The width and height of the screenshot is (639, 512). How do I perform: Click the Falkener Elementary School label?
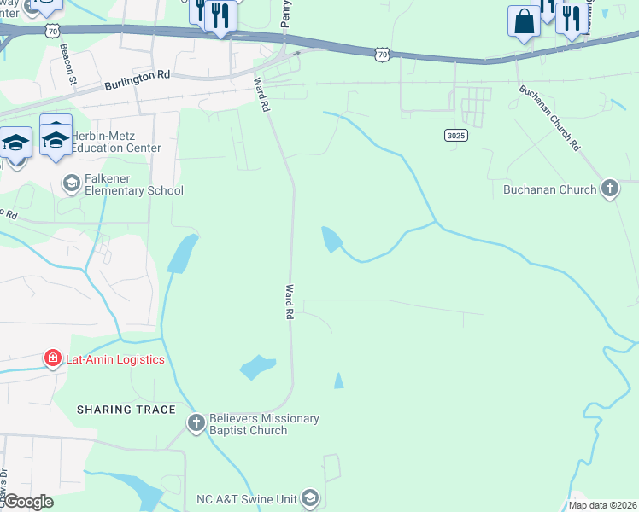coord(133,190)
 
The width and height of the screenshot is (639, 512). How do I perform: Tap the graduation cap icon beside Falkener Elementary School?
coord(72,182)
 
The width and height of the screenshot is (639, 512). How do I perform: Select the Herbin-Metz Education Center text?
coord(115,142)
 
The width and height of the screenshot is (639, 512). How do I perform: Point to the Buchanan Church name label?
coord(549,189)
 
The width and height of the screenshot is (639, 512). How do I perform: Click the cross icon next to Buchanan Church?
coord(609,189)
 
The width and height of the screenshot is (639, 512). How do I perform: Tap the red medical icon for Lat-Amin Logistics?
coord(53,359)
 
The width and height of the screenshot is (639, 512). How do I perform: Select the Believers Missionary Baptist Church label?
coord(264,424)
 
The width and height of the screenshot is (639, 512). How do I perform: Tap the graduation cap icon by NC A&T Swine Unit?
coord(310,498)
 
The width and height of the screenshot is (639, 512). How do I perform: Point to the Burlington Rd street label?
coord(138,81)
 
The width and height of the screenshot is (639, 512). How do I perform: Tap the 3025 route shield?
coord(456,135)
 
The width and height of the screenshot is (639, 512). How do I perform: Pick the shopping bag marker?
coord(524,22)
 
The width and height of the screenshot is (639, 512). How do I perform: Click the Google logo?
coord(28,502)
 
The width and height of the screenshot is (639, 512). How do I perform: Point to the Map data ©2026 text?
coord(601,505)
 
